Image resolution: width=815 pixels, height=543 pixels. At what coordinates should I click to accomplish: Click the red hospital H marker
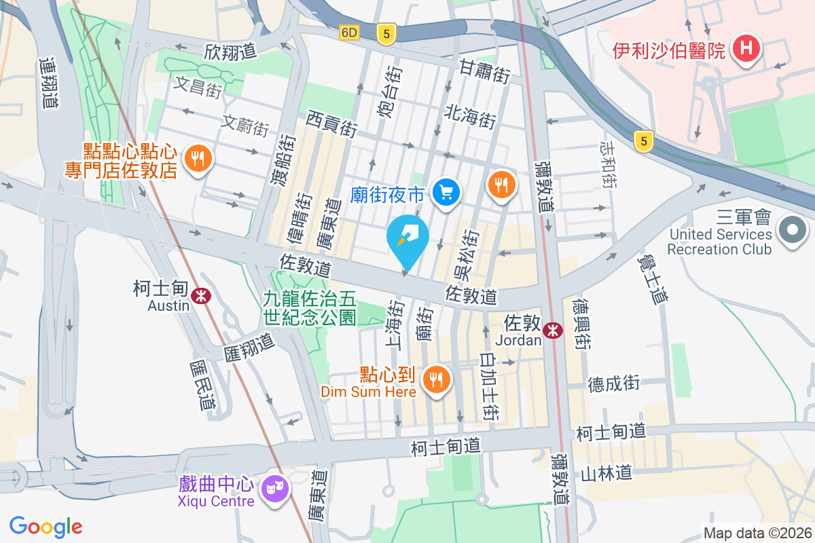tap(747, 49)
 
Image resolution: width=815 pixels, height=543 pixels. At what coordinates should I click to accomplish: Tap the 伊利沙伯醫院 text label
tap(669, 50)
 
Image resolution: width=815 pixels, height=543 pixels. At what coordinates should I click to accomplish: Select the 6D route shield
tap(349, 32)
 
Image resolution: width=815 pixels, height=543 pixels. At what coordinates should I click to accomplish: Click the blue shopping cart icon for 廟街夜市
tap(447, 193)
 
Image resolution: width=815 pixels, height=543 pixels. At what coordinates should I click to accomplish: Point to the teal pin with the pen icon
tap(407, 240)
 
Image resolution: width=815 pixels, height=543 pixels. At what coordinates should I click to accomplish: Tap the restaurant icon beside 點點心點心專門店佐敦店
tap(198, 159)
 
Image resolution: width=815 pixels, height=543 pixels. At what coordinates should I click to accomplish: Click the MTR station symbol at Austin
tap(200, 295)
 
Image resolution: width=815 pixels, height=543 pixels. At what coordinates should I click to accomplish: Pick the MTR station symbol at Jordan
tap(554, 330)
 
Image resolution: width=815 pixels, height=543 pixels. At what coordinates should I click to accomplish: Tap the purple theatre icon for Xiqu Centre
tap(276, 487)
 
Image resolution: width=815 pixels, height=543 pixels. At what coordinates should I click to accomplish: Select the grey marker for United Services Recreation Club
tap(792, 231)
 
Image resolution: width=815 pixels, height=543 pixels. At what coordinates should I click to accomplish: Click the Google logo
tap(46, 526)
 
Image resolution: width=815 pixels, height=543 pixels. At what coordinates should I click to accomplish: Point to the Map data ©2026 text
tap(757, 533)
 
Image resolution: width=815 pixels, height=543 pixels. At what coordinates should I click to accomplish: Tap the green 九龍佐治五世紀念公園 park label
tap(310, 307)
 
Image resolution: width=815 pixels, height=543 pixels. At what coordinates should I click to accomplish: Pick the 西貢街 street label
tap(331, 125)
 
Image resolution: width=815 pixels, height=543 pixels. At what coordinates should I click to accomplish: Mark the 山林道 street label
tap(606, 472)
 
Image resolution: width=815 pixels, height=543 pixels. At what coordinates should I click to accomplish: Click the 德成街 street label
tap(614, 384)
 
